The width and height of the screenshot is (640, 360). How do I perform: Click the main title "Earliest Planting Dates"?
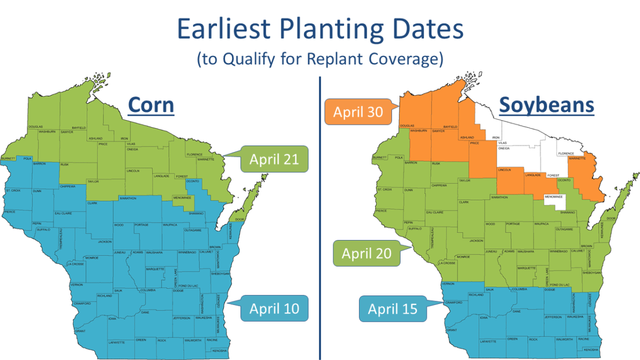pyautogui.click(x=320, y=30)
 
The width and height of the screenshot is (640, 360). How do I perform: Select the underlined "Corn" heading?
pyautogui.click(x=151, y=105)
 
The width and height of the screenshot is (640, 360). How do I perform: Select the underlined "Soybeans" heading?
pyautogui.click(x=546, y=105)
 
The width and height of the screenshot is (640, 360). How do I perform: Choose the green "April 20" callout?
pyautogui.click(x=366, y=253)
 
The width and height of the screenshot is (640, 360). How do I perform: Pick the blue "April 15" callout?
pyautogui.click(x=392, y=309)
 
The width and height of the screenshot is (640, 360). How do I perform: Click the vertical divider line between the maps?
pyautogui.click(x=319, y=213)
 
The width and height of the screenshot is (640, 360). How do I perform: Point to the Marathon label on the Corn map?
pyautogui.click(x=127, y=198)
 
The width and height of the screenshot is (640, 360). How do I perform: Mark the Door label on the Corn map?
pyautogui.click(x=238, y=219)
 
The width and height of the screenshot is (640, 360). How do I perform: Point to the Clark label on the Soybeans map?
pyautogui.click(x=463, y=202)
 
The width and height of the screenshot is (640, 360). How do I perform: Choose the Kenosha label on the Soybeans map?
pyautogui.click(x=590, y=350)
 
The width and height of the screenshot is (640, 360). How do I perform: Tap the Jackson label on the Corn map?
pyautogui.click(x=105, y=241)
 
